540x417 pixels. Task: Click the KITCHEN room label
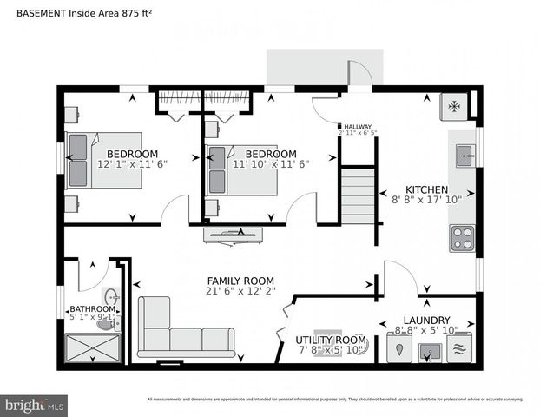426,189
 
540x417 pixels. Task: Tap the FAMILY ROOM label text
240,281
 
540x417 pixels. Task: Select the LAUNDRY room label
425,320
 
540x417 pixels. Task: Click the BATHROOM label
92,308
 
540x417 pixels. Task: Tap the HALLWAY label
359,125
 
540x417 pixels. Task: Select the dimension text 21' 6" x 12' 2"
240,291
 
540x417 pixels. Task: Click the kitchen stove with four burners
462,239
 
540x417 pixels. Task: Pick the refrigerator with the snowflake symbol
452,106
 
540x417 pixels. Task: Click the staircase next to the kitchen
357,197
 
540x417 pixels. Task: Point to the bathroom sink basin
110,298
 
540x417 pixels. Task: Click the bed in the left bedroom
104,160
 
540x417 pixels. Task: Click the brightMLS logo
35,405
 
